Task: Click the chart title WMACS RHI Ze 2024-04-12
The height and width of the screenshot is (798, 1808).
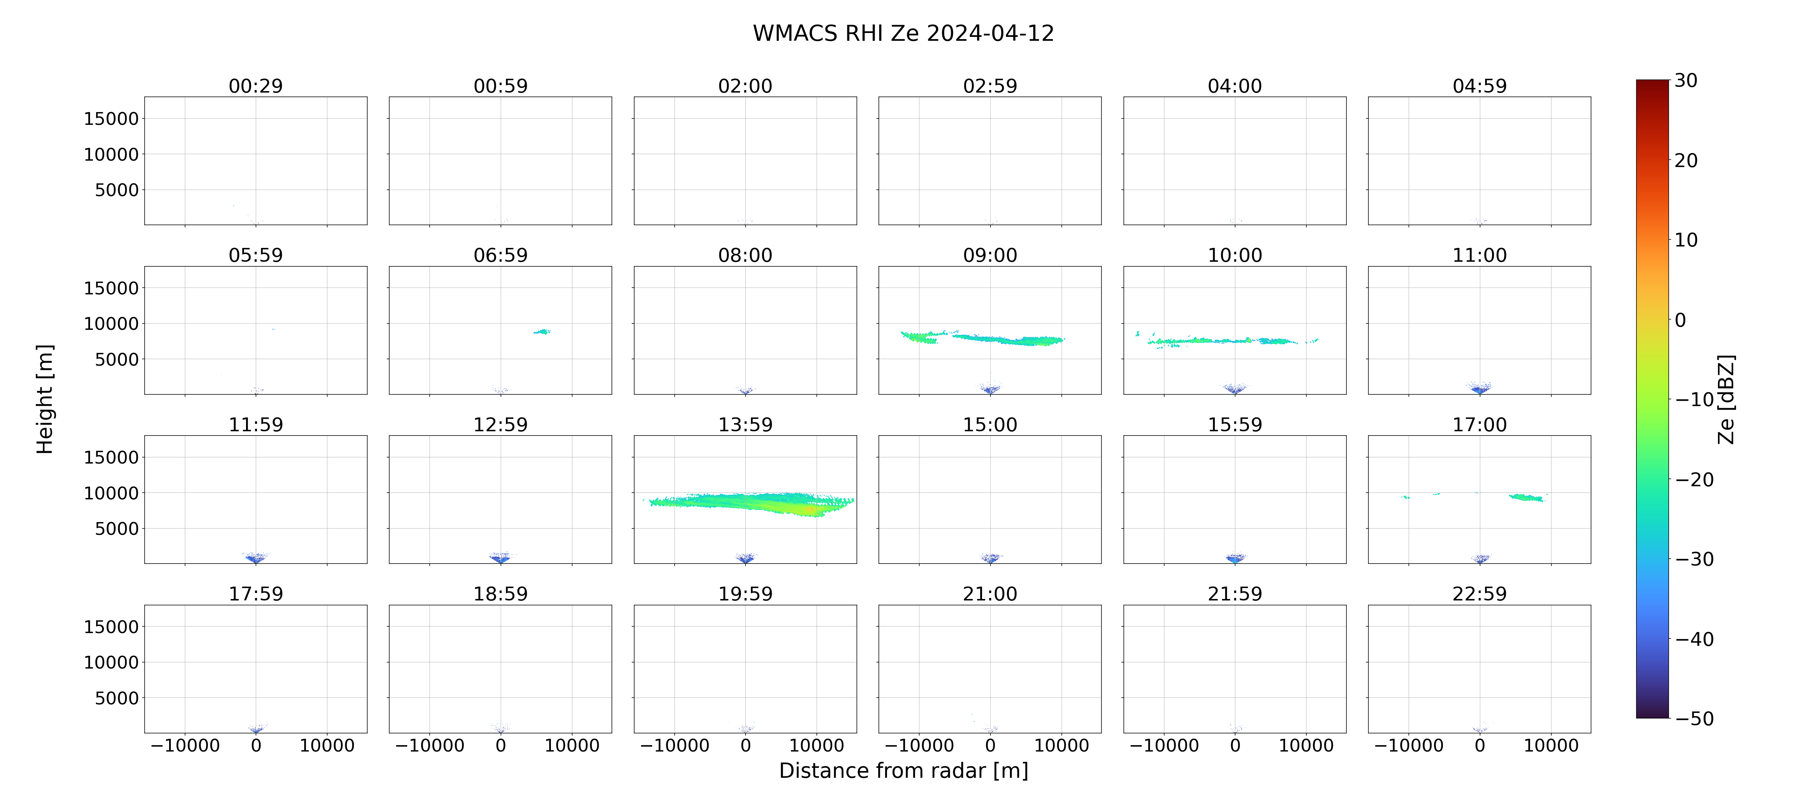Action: click(x=903, y=33)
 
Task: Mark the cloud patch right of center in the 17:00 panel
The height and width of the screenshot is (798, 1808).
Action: click(x=1527, y=497)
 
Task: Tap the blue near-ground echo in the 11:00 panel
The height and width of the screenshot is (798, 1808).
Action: click(x=1479, y=388)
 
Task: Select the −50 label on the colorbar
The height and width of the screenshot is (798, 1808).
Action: click(x=1694, y=719)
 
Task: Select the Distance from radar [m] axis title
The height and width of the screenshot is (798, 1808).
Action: click(x=903, y=771)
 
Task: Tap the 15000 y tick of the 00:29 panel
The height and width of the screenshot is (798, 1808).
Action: click(x=111, y=119)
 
